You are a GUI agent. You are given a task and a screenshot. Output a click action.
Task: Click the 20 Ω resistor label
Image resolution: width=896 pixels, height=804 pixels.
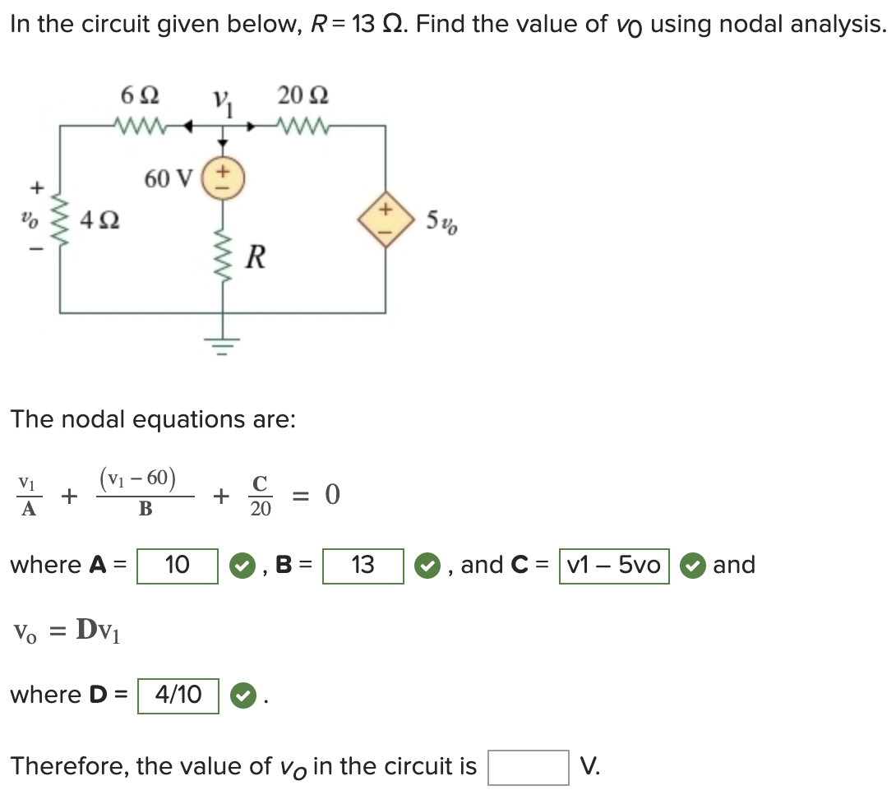(x=303, y=96)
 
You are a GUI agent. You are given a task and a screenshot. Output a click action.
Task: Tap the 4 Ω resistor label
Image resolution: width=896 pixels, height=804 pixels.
(x=98, y=219)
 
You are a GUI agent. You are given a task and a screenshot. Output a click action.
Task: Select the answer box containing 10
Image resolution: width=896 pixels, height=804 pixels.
(x=178, y=566)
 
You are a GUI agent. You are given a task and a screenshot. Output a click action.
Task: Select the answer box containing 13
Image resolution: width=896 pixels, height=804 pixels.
(x=363, y=566)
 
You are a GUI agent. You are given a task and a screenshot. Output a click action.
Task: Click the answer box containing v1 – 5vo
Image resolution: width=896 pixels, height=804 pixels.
(x=614, y=566)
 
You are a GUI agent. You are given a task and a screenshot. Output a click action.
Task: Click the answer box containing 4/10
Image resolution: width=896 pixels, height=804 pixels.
(x=178, y=695)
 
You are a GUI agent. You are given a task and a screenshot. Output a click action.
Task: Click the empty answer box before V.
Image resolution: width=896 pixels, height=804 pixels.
(x=528, y=767)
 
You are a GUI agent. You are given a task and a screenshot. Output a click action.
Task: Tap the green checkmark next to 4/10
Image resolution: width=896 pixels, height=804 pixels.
(x=240, y=696)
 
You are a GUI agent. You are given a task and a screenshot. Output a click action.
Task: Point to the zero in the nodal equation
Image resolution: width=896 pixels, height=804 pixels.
(x=331, y=495)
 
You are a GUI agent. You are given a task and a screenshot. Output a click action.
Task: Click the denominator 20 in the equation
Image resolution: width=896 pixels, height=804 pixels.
(x=261, y=510)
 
